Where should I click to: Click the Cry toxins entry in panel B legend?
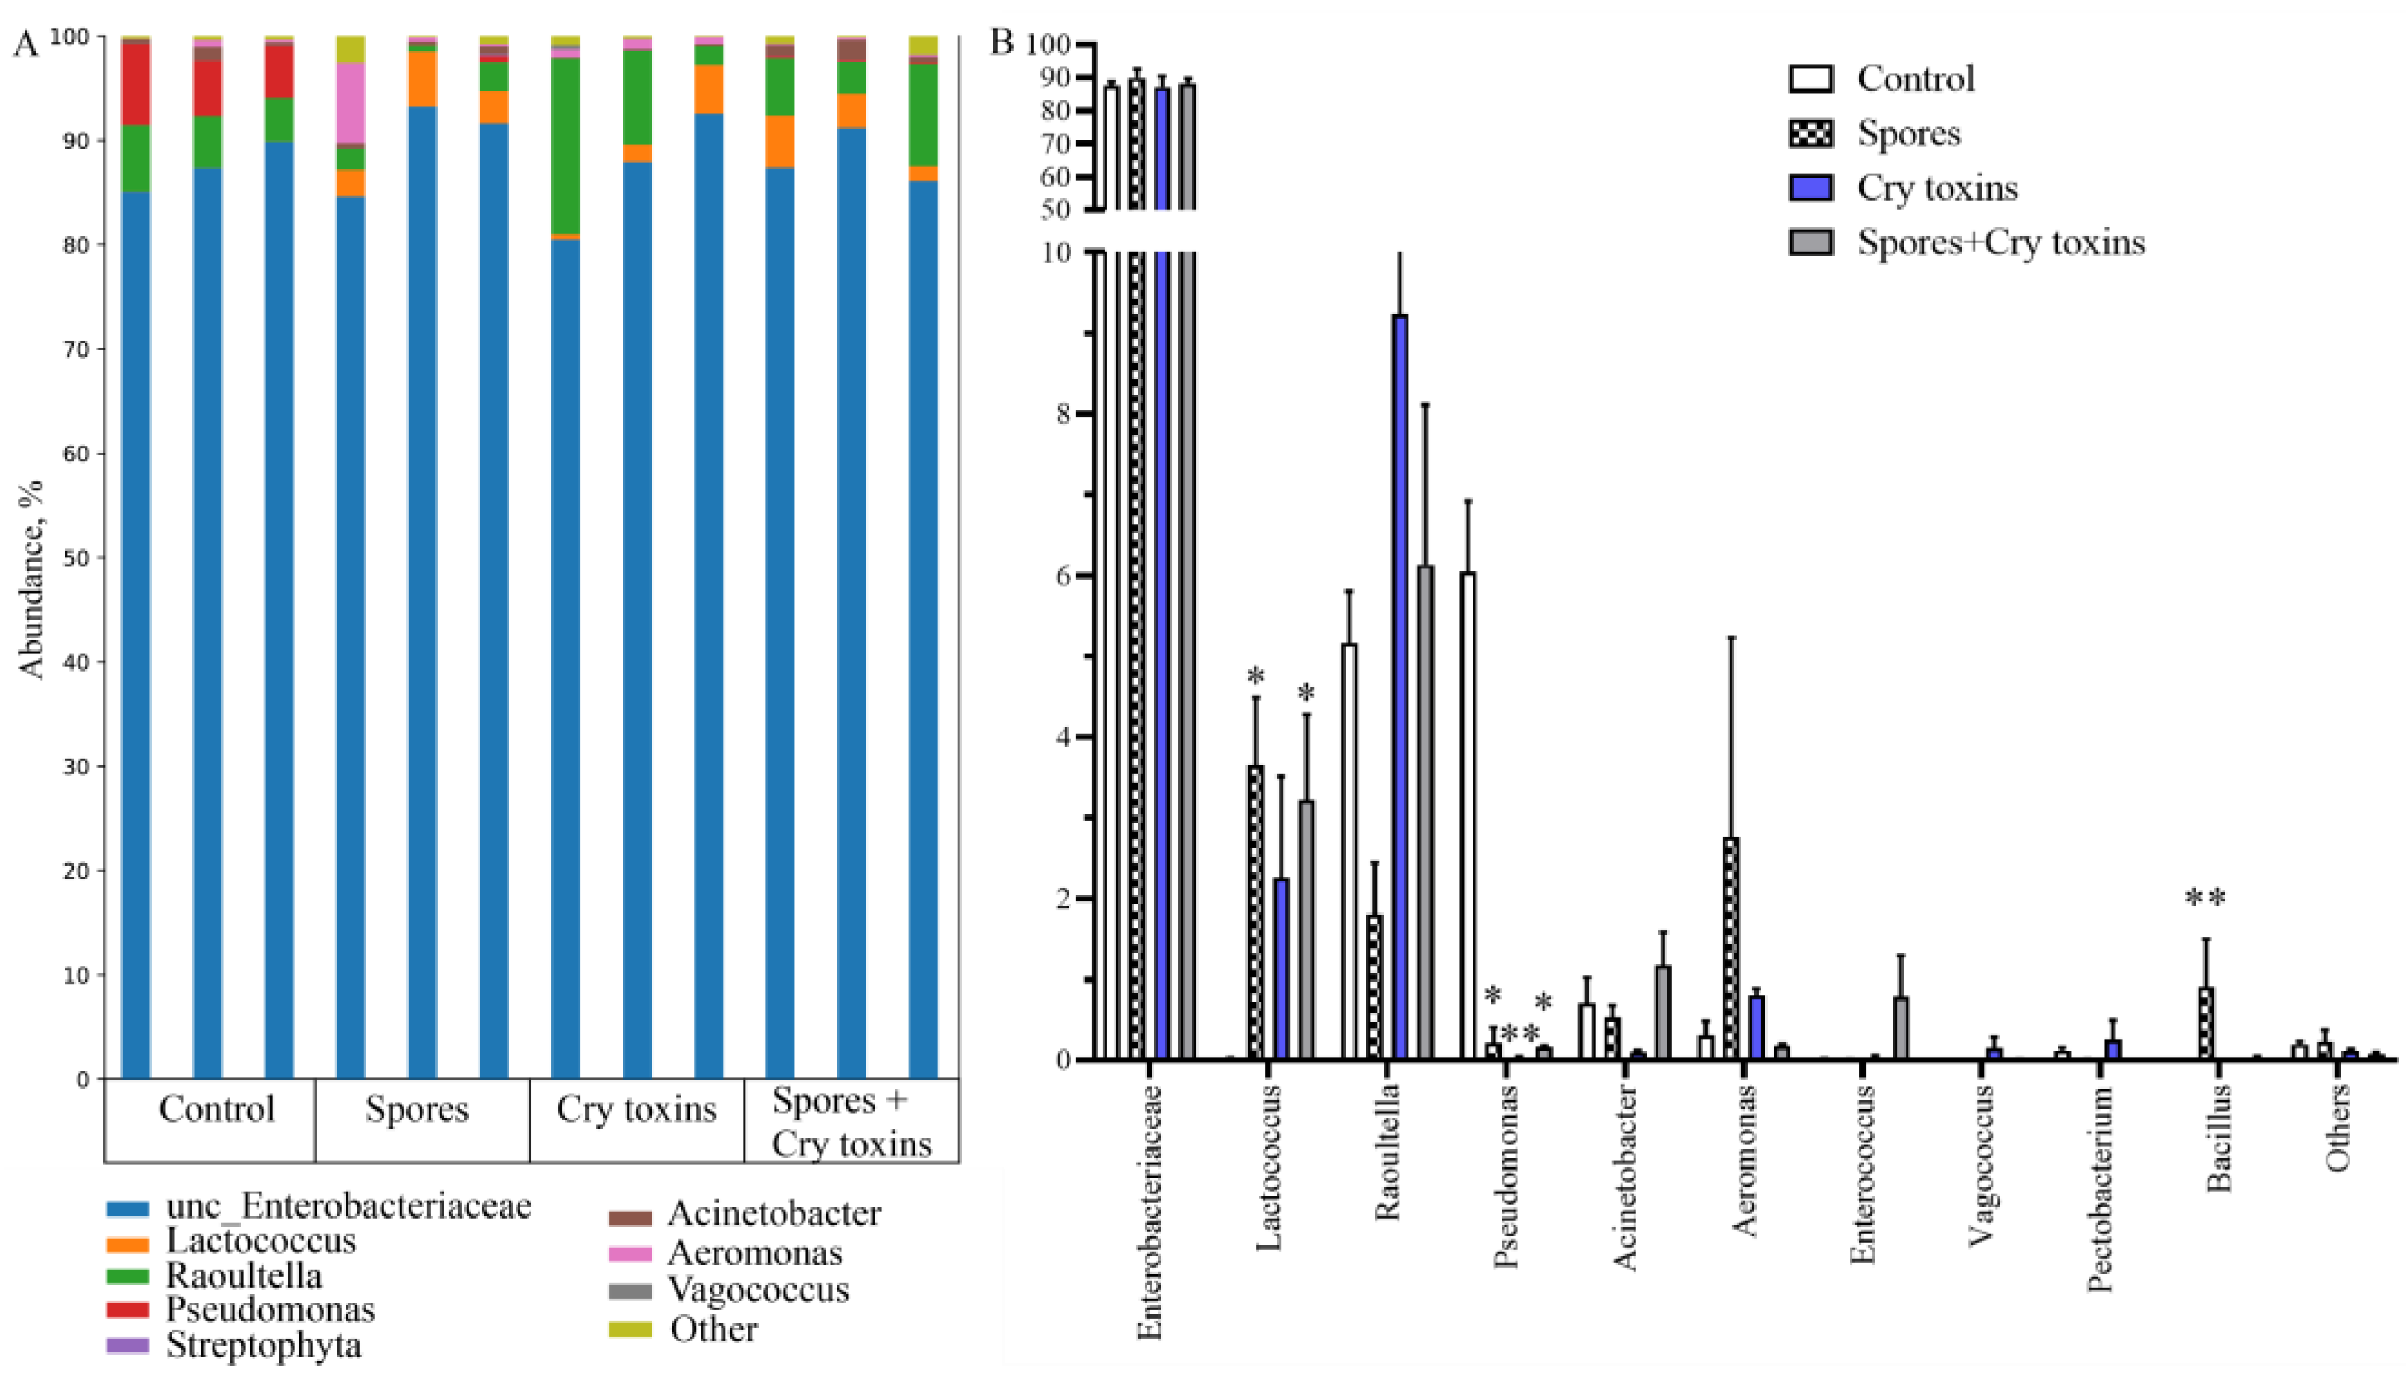(x=1936, y=187)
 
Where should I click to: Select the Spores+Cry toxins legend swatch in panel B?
(x=1811, y=242)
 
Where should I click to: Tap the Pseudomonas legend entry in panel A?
(x=270, y=1310)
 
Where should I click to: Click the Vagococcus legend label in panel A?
(x=758, y=1290)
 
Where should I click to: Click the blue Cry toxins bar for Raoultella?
(x=1399, y=685)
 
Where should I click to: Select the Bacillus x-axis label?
(x=2218, y=1138)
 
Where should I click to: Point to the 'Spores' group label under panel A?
(x=417, y=1109)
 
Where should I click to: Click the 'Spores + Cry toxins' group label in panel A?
(x=850, y=1123)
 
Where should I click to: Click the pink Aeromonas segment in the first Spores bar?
(x=350, y=103)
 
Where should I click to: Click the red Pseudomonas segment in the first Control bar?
(x=136, y=84)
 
